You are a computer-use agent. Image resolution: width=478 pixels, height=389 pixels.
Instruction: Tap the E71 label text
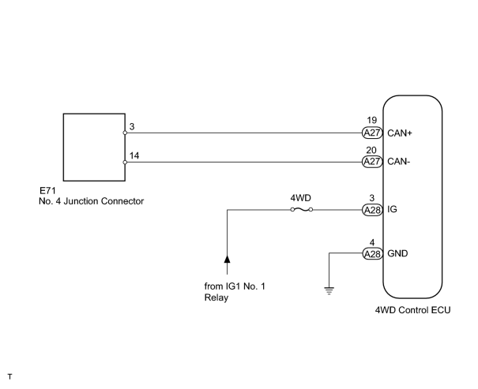coord(48,191)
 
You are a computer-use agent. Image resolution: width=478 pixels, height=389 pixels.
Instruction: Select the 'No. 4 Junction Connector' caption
coord(91,201)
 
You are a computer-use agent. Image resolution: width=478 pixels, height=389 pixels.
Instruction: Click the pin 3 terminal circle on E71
coord(125,133)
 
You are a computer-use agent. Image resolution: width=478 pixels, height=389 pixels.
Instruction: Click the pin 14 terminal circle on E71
coord(125,163)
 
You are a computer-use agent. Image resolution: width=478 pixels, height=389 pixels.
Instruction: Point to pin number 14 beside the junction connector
coord(134,155)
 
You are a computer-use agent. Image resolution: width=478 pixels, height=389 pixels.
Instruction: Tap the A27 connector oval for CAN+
coord(372,133)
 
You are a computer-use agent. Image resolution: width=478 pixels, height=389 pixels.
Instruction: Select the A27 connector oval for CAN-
coord(372,162)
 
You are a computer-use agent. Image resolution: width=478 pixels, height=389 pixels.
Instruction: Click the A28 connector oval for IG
coord(372,210)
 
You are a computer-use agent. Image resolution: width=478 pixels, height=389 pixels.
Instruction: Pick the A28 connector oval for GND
coord(372,254)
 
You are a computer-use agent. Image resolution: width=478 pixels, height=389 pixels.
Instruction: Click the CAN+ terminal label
coord(399,133)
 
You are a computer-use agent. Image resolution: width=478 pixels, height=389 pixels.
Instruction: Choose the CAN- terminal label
coord(399,161)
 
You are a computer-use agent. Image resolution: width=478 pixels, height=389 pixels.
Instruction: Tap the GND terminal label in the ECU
coord(397,253)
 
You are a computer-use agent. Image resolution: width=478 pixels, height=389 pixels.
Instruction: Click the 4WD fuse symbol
coord(302,209)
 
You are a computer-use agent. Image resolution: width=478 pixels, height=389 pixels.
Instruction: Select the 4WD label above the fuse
coord(300,198)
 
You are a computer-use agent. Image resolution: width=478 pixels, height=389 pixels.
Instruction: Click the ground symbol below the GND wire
coord(329,290)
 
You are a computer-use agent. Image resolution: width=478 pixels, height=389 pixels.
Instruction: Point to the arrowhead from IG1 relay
coord(227,259)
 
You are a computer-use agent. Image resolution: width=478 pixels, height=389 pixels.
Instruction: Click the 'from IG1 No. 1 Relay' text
coord(235,292)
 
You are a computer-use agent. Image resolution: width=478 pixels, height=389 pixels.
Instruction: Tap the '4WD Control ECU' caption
coord(412,310)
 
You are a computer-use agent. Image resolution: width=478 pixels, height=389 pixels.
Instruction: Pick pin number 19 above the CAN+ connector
coord(371,120)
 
